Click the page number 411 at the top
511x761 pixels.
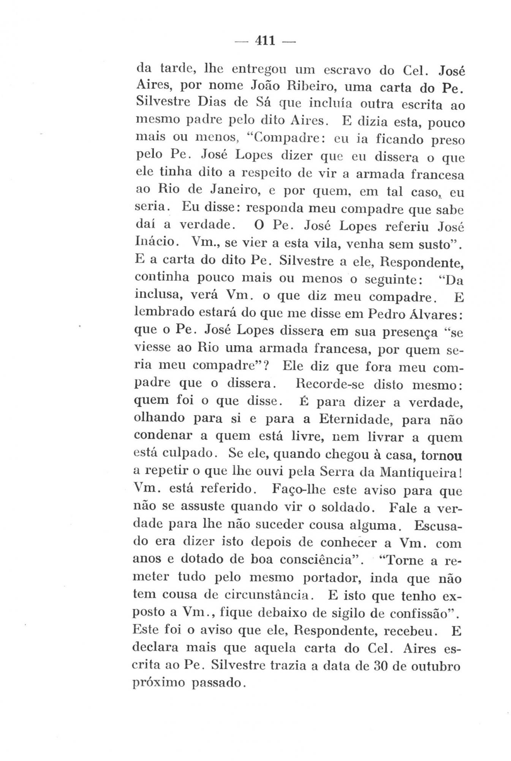265,40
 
